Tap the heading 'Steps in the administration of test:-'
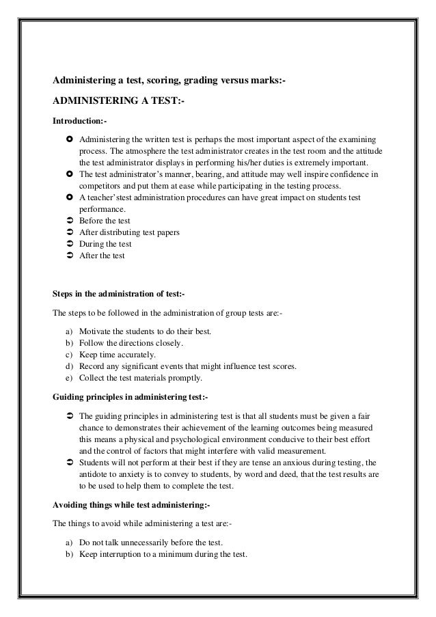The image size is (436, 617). [118, 294]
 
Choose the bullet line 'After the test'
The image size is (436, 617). [102, 256]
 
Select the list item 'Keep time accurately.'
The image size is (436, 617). [118, 354]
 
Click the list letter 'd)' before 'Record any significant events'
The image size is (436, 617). [69, 366]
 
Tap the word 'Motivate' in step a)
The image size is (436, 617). [96, 331]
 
